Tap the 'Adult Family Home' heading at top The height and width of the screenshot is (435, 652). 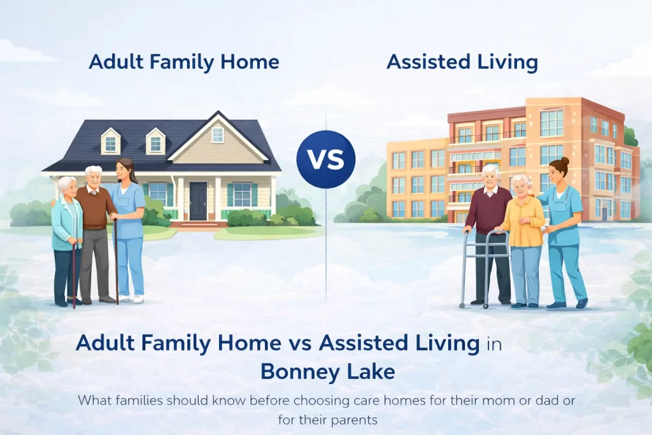(184, 62)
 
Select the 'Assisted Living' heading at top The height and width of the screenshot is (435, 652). (462, 62)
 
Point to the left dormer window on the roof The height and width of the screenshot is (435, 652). (111, 141)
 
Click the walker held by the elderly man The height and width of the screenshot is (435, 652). (485, 267)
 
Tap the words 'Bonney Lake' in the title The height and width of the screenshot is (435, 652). (327, 371)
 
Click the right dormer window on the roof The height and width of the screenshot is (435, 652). (156, 141)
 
